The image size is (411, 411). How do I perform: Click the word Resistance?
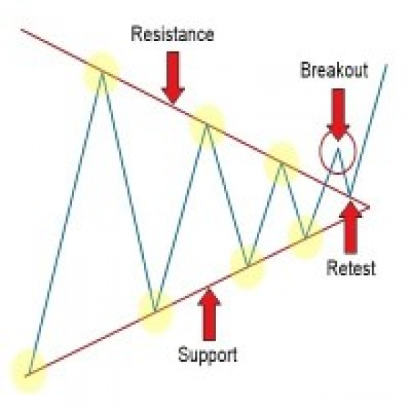[172, 34]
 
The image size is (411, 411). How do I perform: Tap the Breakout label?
[334, 70]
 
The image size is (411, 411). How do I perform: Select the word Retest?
[351, 268]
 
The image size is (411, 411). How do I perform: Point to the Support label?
[208, 354]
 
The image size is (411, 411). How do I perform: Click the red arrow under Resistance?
[173, 78]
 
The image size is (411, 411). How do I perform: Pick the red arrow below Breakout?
[338, 114]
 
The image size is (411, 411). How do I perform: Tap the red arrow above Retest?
[351, 227]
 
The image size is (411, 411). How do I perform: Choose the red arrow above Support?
[209, 315]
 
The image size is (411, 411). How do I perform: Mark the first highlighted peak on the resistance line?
[102, 71]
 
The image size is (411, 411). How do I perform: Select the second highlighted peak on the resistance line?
[207, 124]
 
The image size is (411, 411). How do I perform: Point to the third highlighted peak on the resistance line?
[282, 163]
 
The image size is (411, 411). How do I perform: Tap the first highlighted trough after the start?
[155, 312]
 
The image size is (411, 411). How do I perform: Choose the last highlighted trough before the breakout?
[305, 238]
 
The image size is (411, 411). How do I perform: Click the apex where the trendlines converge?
[369, 207]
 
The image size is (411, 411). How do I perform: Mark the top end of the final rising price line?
[387, 64]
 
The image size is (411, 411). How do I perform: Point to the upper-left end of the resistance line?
[21, 29]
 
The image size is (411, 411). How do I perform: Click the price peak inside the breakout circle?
[338, 148]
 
